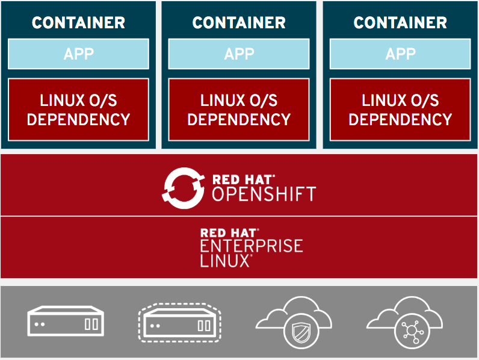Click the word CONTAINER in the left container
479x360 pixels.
point(78,23)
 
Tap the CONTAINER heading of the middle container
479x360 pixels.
point(239,23)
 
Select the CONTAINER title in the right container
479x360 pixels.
point(400,23)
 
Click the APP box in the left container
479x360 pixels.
point(78,54)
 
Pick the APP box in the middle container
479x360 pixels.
point(239,54)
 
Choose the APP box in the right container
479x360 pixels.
point(400,54)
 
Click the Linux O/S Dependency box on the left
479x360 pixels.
point(78,109)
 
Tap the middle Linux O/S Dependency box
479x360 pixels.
point(239,109)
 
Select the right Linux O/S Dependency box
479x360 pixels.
point(400,109)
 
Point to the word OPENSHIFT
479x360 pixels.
point(264,194)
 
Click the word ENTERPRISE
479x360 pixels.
point(252,246)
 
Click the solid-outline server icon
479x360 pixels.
point(66,321)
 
